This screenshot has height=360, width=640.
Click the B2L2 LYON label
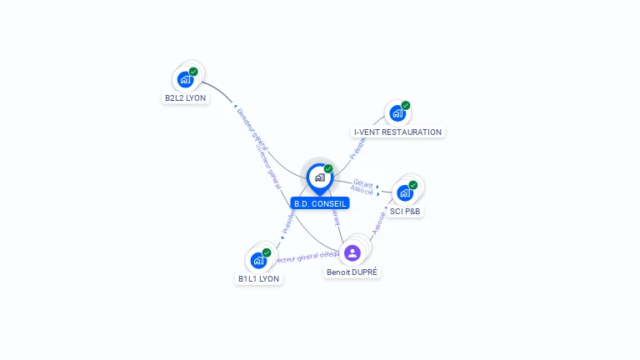tap(185, 97)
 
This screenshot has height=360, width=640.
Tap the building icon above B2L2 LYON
tap(185, 79)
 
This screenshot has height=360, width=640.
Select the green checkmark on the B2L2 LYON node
tap(193, 72)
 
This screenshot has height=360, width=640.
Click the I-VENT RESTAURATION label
tap(397, 132)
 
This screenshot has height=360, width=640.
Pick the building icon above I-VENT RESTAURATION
tap(397, 113)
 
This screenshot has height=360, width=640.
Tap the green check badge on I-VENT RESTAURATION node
tap(406, 106)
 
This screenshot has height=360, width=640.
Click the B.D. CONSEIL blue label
tap(320, 203)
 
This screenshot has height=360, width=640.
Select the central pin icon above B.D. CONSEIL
tap(319, 177)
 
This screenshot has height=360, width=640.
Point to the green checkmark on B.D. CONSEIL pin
tap(328, 169)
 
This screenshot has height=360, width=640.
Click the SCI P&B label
tap(406, 212)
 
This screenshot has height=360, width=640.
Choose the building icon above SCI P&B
tap(405, 192)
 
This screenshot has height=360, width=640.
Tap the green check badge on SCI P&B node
tap(413, 185)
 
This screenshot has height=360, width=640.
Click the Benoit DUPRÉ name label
tap(352, 272)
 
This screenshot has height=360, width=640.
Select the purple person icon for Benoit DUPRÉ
tap(352, 252)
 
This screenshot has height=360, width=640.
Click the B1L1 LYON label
tap(258, 278)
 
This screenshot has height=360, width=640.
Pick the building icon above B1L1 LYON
tap(258, 260)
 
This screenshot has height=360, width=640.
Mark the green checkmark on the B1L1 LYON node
tap(267, 252)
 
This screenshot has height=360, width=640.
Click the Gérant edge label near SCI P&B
tap(362, 182)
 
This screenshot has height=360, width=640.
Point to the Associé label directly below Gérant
tap(362, 191)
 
